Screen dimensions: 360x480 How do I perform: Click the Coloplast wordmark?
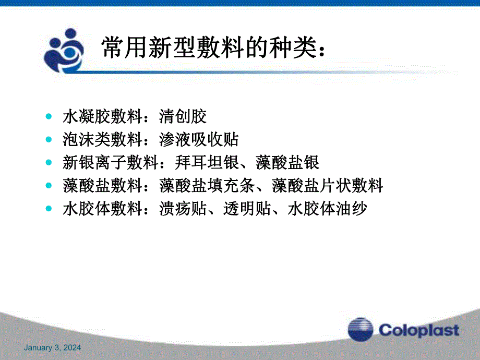(419, 330)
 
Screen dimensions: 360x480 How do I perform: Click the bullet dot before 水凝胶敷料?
(49, 116)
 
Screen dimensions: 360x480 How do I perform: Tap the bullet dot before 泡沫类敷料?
(49, 140)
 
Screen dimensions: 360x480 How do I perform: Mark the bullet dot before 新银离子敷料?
(49, 163)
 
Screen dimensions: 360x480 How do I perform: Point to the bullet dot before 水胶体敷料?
(49, 209)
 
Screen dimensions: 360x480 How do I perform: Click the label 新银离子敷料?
(110, 163)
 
